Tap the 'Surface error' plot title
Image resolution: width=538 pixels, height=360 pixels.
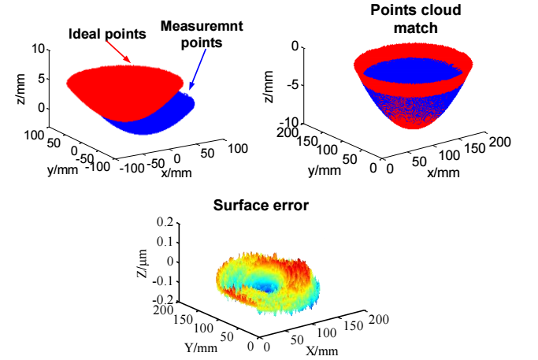click(262, 208)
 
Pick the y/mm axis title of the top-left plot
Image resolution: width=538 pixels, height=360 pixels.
click(61, 169)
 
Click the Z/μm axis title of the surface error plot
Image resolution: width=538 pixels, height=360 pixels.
click(139, 262)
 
